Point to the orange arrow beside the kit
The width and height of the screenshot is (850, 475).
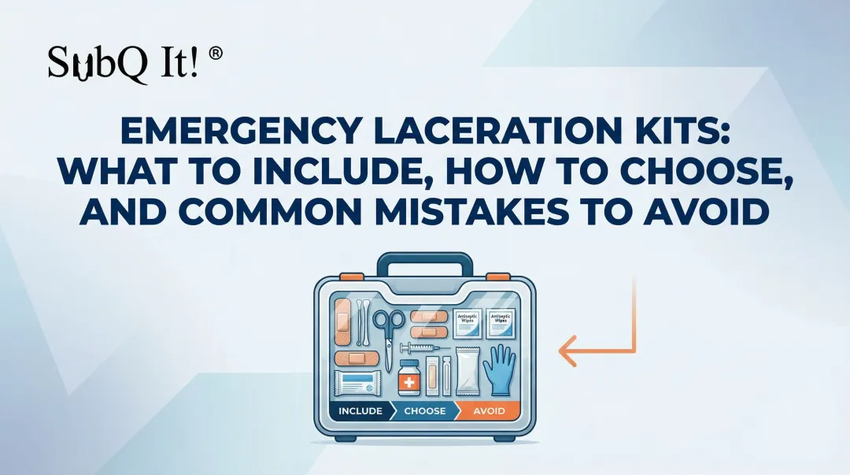[598, 331]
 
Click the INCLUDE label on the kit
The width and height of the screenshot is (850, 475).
[360, 411]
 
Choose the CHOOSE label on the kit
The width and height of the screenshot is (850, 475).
[425, 411]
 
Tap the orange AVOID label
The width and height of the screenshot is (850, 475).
[489, 411]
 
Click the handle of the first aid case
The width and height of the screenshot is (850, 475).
[424, 265]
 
